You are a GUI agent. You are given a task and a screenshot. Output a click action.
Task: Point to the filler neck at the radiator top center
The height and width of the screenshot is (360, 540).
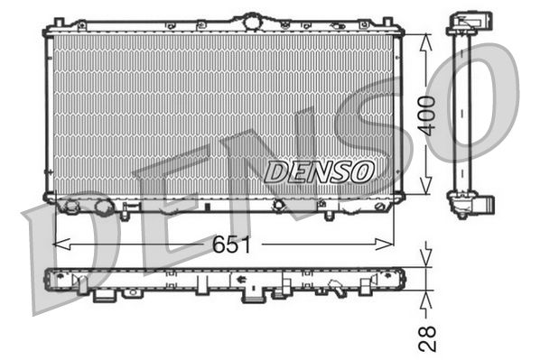coord(250,19)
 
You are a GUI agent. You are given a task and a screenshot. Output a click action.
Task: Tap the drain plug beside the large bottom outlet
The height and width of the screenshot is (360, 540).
coord(103,209)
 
